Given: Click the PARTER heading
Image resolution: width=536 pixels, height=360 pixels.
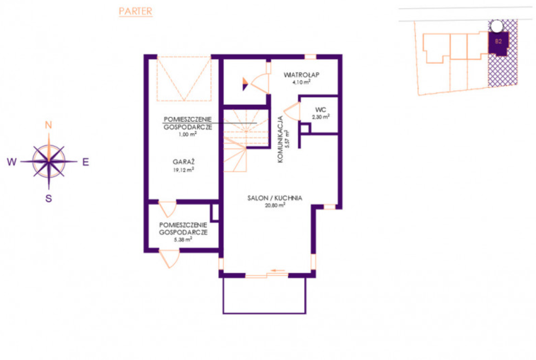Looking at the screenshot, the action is [136, 11].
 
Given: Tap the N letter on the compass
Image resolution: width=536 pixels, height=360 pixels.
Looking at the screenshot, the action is [48, 125].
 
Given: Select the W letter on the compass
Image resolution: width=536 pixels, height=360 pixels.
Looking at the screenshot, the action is [11, 162].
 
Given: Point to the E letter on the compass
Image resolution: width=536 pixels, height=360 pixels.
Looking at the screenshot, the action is [86, 162].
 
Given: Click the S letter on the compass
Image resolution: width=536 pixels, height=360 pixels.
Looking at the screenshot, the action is [48, 198].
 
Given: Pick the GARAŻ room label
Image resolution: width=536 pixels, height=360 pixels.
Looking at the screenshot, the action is [183, 161].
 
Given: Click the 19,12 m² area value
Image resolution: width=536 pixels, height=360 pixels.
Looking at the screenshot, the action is [183, 170].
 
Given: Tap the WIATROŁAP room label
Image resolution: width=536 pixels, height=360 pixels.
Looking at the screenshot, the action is [302, 74].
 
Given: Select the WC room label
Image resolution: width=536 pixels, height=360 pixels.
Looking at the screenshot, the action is [321, 110].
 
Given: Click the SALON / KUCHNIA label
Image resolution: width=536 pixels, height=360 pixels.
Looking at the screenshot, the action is [275, 198].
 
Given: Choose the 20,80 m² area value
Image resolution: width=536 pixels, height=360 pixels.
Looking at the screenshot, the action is [275, 205].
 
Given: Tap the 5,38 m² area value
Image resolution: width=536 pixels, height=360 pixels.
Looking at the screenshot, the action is [183, 239].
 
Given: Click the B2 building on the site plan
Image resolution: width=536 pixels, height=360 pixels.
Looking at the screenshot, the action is [499, 43].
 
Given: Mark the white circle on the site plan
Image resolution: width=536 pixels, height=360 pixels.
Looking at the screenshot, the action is [497, 26].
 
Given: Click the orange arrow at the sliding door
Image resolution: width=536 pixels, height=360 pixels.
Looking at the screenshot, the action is [278, 271].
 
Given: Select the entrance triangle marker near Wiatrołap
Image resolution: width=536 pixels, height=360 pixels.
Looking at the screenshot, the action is [245, 84].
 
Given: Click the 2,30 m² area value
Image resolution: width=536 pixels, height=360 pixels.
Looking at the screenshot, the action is [321, 117].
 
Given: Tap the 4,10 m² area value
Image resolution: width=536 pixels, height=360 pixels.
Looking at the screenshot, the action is [302, 82].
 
